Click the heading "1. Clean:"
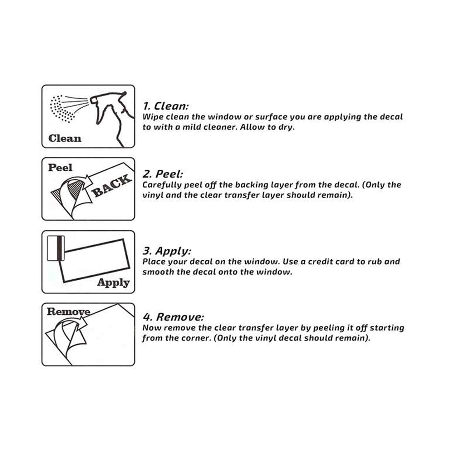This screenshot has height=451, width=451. coord(165,106)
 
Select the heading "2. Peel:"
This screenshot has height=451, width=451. coord(163,174)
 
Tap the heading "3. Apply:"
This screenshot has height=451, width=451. coord(167,251)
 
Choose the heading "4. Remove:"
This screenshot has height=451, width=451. coord(173,317)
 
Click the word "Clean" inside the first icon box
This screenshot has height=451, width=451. coord(65,138)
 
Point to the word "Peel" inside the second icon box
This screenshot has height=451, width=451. coord(60,168)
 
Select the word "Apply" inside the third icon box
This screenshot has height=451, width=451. coord(113,282)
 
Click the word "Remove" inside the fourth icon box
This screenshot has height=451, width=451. coord(68,311)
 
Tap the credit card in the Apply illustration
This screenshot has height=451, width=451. coord(56,248)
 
